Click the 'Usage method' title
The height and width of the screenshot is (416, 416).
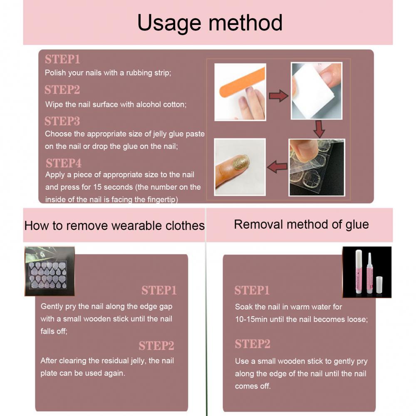click(210, 23)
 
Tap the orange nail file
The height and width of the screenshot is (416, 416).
click(242, 81)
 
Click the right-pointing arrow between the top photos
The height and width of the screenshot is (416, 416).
click(279, 96)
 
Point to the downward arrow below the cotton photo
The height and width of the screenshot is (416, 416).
click(319, 129)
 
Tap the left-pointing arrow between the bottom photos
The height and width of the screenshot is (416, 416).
click(277, 167)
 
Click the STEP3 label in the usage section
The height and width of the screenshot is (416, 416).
click(62, 121)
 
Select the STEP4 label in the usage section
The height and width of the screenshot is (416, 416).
click(63, 163)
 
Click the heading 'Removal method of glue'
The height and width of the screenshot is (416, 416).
click(301, 225)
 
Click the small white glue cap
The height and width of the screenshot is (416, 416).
click(379, 285)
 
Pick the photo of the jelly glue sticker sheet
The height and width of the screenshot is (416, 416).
click(50, 271)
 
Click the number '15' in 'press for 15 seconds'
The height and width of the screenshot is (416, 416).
click(97, 187)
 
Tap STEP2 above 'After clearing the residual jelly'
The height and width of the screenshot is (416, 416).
click(156, 346)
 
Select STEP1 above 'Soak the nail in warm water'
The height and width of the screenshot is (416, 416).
click(252, 290)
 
